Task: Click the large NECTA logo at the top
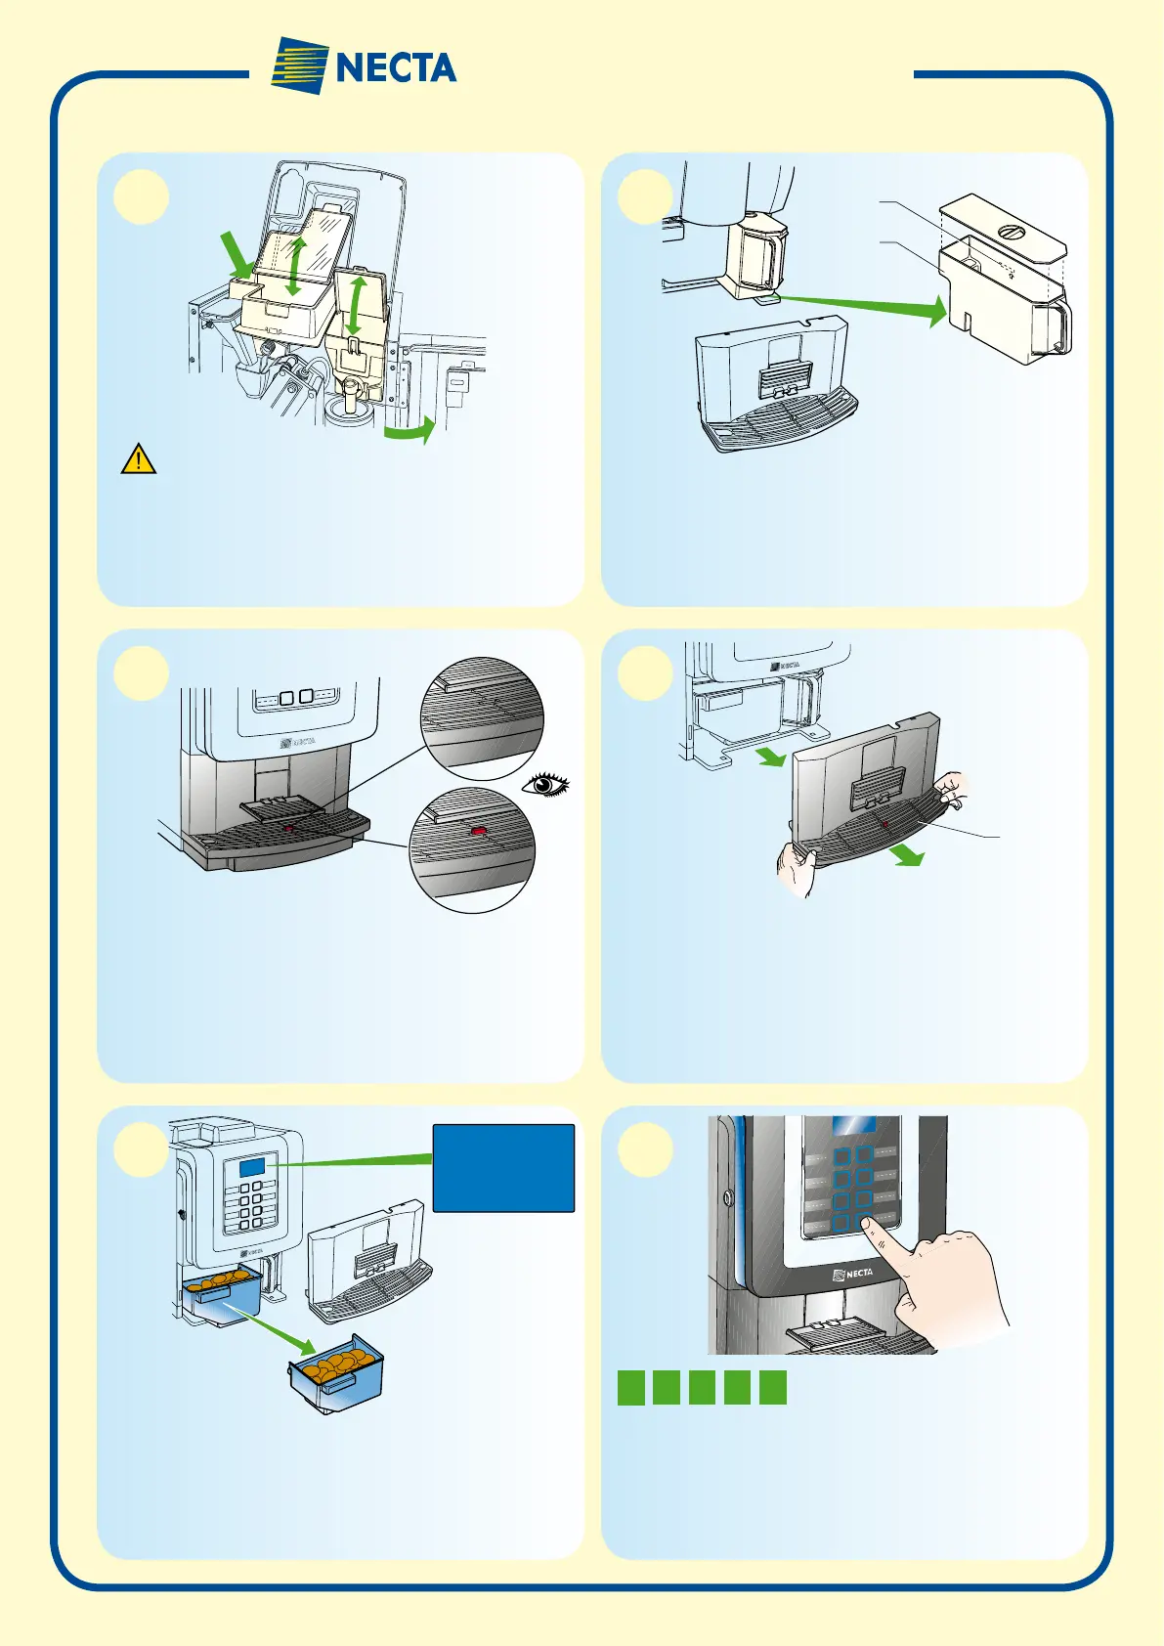[x=364, y=66]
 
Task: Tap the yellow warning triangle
[x=139, y=458]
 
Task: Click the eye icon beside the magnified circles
[x=546, y=783]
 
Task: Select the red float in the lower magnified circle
[x=479, y=831]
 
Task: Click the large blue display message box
[x=503, y=1168]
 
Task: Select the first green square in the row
[x=631, y=1388]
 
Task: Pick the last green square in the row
[x=772, y=1388]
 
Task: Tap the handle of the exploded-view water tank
[x=1058, y=327]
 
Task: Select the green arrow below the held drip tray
[x=906, y=853]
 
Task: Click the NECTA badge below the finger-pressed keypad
[x=852, y=1273]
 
